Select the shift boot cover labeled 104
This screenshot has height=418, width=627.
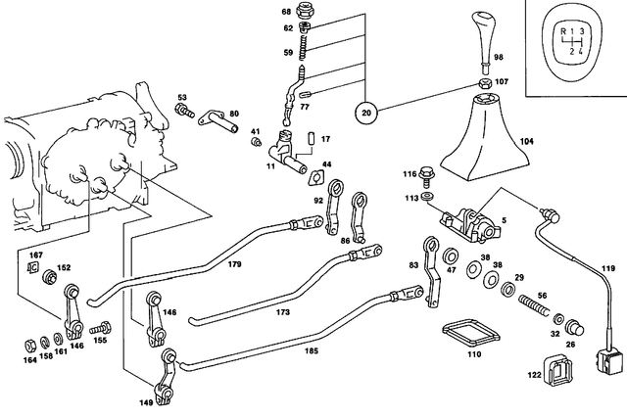[x=486, y=137]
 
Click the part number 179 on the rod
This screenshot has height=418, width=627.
[x=234, y=263]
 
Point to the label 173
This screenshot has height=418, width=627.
[x=283, y=312]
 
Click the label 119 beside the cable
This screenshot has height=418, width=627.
[x=609, y=268]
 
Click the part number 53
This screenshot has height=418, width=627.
[x=181, y=98]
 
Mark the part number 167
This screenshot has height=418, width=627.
[x=35, y=256]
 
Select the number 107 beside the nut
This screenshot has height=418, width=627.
[x=502, y=81]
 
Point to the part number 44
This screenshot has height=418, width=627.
[x=326, y=163]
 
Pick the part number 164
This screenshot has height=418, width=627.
[x=30, y=359]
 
